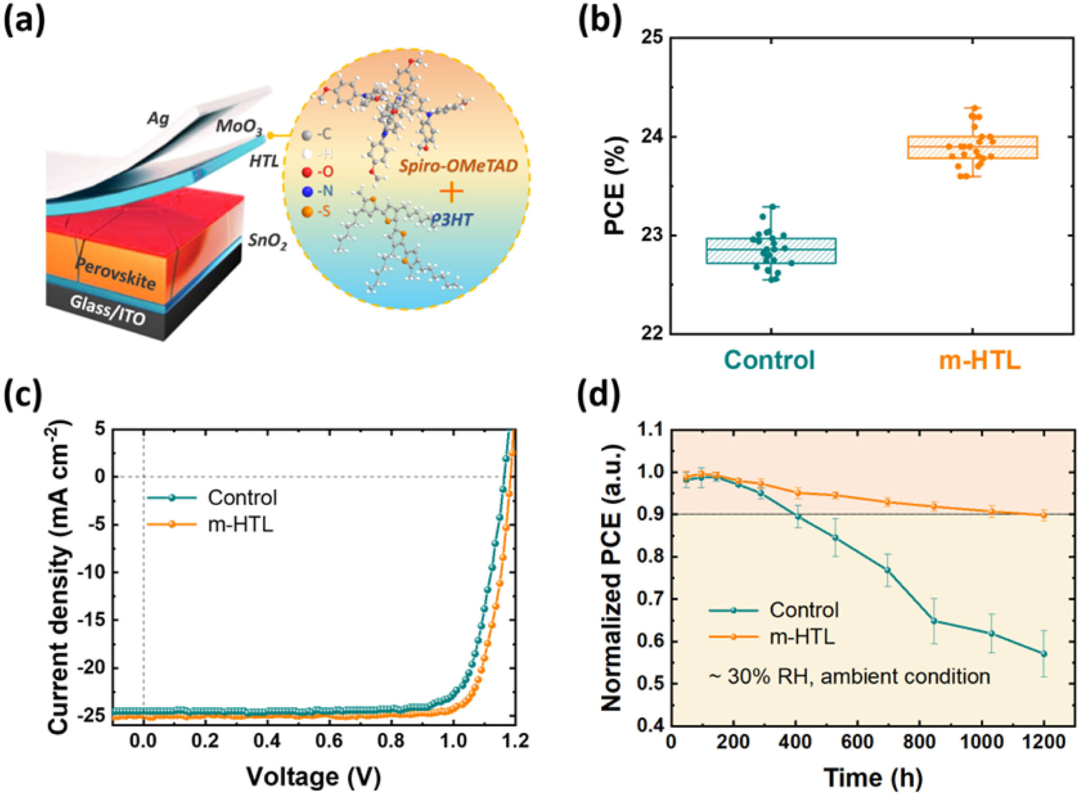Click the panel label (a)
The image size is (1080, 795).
click(24, 20)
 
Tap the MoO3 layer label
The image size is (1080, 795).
click(239, 127)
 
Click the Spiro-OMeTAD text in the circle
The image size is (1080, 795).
click(458, 166)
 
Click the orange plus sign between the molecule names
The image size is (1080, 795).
click(451, 192)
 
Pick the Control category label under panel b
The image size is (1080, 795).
click(769, 360)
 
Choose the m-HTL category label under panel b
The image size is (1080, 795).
click(979, 360)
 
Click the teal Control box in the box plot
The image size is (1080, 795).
click(771, 251)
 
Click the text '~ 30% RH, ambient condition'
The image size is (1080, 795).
click(849, 676)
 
